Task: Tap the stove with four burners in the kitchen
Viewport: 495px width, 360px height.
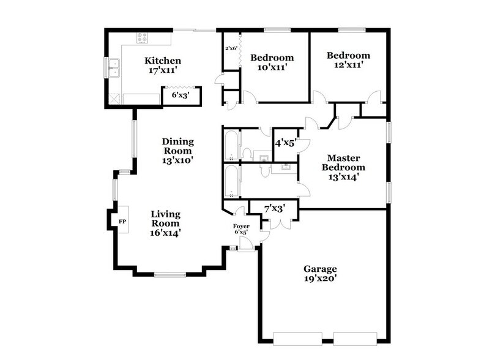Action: (142, 38)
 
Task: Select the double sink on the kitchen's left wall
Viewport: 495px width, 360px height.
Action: (114, 68)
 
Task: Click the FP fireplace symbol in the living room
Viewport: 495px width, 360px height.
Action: (122, 221)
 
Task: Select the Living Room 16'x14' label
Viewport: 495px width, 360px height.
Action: (165, 223)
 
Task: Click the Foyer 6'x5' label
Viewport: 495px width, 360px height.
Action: (242, 229)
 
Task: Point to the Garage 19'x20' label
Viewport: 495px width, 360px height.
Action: (320, 274)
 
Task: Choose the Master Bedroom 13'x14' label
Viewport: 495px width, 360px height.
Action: (344, 167)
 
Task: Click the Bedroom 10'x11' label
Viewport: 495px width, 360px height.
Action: (272, 62)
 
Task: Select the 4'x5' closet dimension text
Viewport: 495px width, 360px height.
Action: (285, 143)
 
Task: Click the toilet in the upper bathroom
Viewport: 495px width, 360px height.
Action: (248, 153)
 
